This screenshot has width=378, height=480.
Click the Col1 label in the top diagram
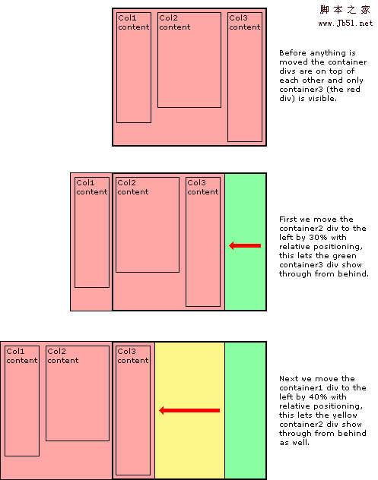(x=127, y=18)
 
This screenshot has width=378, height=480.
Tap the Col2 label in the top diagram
(x=168, y=18)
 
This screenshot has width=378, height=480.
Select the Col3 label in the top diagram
(x=238, y=18)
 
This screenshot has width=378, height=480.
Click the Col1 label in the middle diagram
(x=85, y=183)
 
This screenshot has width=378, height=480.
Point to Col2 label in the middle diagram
(x=126, y=183)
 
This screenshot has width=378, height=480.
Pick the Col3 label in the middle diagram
(x=196, y=183)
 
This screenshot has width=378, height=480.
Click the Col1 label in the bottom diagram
(x=15, y=351)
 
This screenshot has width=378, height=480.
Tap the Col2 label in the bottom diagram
(x=56, y=351)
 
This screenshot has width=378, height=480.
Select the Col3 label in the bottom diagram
(x=126, y=351)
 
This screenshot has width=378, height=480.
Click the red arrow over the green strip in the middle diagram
(x=245, y=245)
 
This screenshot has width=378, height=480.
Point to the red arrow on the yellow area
(x=189, y=411)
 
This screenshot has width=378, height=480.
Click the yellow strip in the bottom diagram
(x=190, y=410)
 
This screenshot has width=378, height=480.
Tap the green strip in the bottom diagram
(x=245, y=410)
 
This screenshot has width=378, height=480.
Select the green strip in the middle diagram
(x=245, y=242)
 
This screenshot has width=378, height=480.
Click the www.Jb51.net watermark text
(x=345, y=24)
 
